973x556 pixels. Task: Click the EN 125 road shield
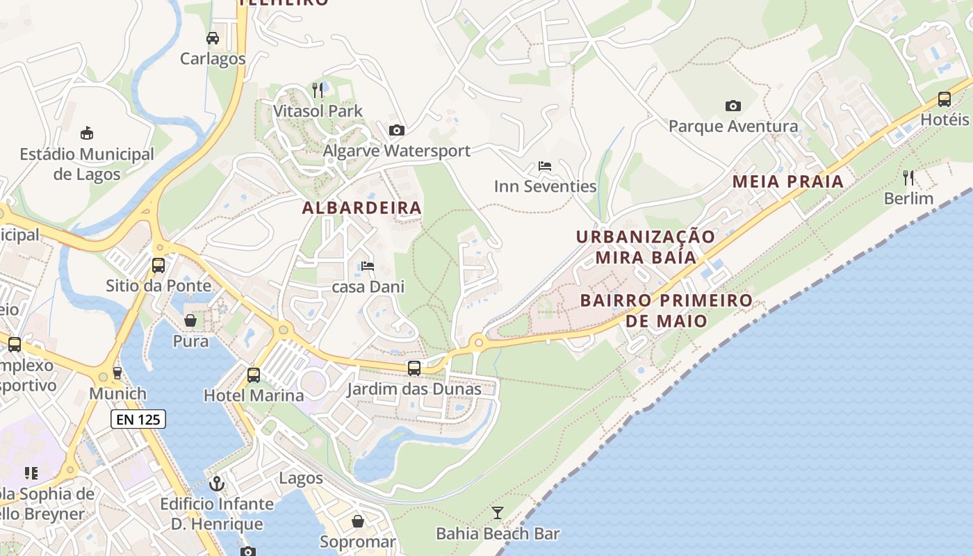(x=138, y=419)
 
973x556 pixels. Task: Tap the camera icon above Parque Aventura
(x=733, y=106)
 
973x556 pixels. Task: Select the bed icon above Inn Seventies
(x=545, y=167)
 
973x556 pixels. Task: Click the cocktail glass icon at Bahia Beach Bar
(x=497, y=513)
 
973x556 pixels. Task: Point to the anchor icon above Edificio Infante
(x=217, y=482)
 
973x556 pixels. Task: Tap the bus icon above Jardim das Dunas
(x=414, y=368)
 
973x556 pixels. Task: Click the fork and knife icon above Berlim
(x=908, y=178)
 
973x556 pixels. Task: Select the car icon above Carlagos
(x=213, y=38)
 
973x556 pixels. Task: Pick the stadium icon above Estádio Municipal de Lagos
(x=87, y=133)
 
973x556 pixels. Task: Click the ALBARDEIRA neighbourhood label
(x=362, y=207)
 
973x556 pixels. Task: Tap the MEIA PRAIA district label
(x=788, y=182)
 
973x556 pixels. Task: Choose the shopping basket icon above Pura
(x=190, y=320)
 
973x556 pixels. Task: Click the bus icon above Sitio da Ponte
(x=158, y=265)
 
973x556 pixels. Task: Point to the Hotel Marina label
(x=254, y=395)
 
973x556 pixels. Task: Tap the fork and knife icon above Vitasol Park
(x=318, y=90)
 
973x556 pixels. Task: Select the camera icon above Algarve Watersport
(x=397, y=130)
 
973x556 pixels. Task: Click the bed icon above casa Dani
(x=368, y=266)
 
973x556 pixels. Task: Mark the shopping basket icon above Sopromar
(x=357, y=521)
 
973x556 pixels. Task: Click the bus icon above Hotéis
(x=944, y=99)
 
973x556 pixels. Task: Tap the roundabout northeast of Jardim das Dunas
(x=477, y=342)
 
